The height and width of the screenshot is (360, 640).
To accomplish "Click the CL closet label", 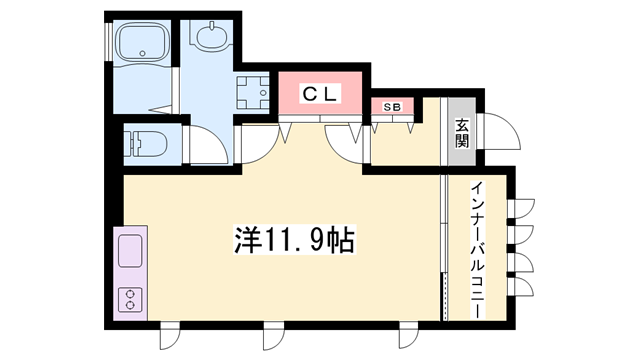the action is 320,94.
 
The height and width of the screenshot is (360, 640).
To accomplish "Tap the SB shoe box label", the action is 392,107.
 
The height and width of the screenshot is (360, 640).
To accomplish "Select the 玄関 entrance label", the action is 462,132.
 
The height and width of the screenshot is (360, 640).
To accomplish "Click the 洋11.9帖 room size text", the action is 294,240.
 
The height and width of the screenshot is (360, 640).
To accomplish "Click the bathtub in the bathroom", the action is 142,43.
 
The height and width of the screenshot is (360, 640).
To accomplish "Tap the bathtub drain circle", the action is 142,53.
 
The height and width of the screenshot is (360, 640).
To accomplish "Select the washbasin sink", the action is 211,36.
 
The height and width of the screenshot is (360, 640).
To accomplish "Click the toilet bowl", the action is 146,144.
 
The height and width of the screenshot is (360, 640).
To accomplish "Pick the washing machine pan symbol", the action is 253,93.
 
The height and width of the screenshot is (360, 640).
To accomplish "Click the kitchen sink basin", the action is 130,251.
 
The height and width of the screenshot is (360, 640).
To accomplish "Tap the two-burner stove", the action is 130,300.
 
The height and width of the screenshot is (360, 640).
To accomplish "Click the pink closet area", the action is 320,93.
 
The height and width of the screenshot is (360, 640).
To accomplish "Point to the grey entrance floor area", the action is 462,131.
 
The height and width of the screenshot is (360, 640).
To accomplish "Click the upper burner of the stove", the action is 130,294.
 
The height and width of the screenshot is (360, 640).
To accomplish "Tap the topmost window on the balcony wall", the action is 521,209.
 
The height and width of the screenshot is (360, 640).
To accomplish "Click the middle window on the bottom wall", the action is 273,336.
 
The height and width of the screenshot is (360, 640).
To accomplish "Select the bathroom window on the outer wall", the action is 108,42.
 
